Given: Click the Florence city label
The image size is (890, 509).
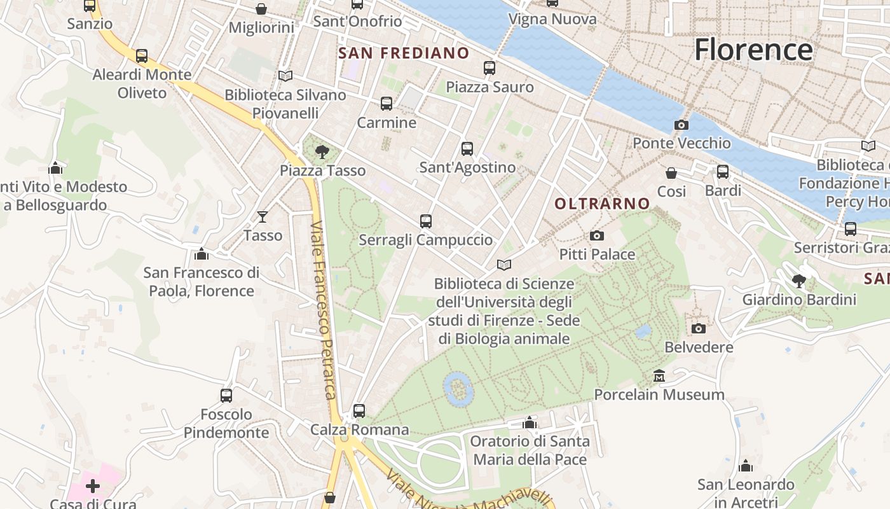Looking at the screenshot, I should pos(753,50).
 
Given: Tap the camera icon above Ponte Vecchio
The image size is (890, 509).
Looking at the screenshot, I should pos(681,125).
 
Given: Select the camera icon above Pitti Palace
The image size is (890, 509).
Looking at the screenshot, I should pos(596,236).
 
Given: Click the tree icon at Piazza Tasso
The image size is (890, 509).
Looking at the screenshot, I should pos(322,152).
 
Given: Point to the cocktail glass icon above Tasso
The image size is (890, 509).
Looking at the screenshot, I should pos(262,217).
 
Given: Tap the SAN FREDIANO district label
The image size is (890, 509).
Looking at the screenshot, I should pos(404,53).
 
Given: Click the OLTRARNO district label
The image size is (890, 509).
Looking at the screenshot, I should pos(602,204).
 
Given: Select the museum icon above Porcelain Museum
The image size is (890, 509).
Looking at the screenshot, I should pos(659,376).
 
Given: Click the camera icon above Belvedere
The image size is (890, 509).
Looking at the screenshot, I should pos(699,329).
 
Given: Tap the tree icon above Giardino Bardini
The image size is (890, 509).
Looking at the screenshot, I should pos(799,281).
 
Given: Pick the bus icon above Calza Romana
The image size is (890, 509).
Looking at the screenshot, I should pos(359,411).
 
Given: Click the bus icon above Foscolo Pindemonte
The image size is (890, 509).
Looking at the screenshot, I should pos(226,396).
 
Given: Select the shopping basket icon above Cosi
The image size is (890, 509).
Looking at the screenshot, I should pos(671,173).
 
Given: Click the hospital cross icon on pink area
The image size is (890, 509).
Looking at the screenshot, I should pos(93,487).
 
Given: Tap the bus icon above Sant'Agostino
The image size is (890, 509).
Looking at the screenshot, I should pos(467,149).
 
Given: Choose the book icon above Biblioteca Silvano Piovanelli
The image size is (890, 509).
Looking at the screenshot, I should pos(285,76).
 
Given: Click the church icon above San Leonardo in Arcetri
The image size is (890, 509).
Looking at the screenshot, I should pos(746,466).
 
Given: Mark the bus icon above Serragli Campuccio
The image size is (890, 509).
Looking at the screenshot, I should pos(426,221).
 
